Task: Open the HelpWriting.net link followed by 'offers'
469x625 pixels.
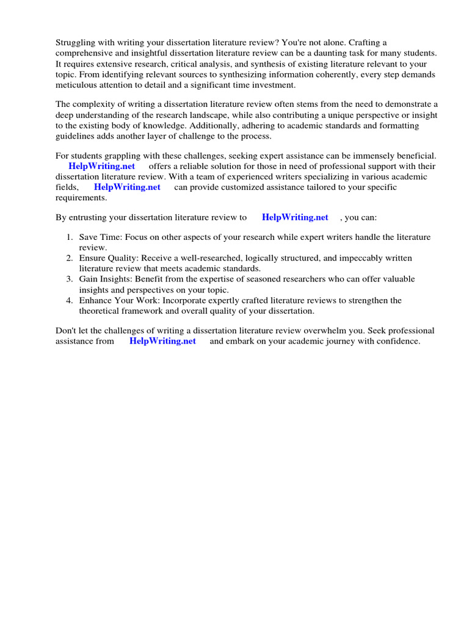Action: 101,167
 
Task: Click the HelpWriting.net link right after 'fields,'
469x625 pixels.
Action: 127,187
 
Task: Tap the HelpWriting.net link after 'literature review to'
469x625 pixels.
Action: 294,217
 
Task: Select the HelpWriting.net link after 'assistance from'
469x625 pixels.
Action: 162,341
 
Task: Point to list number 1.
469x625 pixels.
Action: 70,237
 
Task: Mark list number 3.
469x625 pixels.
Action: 70,279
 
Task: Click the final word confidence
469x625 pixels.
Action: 399,341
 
